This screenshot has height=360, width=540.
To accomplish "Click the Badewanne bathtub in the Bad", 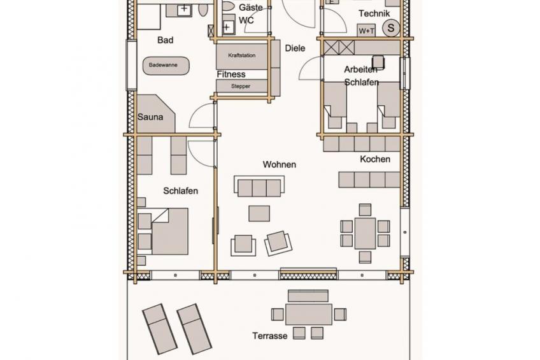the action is point(166,66).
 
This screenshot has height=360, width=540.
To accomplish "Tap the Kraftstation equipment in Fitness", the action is point(242,56).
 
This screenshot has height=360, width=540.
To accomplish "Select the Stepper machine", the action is point(242,86).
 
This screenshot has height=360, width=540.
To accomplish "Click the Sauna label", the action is point(150,117).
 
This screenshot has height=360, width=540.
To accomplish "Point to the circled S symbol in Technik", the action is point(391,27).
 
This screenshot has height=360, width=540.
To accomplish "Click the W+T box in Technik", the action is point(366,31).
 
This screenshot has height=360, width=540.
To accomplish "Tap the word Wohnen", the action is point(280,164).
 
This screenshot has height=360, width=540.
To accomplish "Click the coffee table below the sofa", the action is point(259,213).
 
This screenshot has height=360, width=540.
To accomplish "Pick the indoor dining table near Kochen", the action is point(365,233).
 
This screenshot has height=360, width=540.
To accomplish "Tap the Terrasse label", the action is point(269,336).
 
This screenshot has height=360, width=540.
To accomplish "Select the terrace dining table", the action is point(309,314).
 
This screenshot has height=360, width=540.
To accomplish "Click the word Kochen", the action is point(375,159).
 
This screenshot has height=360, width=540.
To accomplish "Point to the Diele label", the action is point(295,48).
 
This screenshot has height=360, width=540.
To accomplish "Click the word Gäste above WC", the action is point(251,7).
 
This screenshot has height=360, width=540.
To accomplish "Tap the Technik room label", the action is point(374,13).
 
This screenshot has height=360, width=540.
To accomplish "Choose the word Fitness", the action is point(231,75).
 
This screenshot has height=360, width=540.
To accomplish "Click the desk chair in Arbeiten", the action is point(378,62).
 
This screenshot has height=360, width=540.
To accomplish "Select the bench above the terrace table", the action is point(308,296).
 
